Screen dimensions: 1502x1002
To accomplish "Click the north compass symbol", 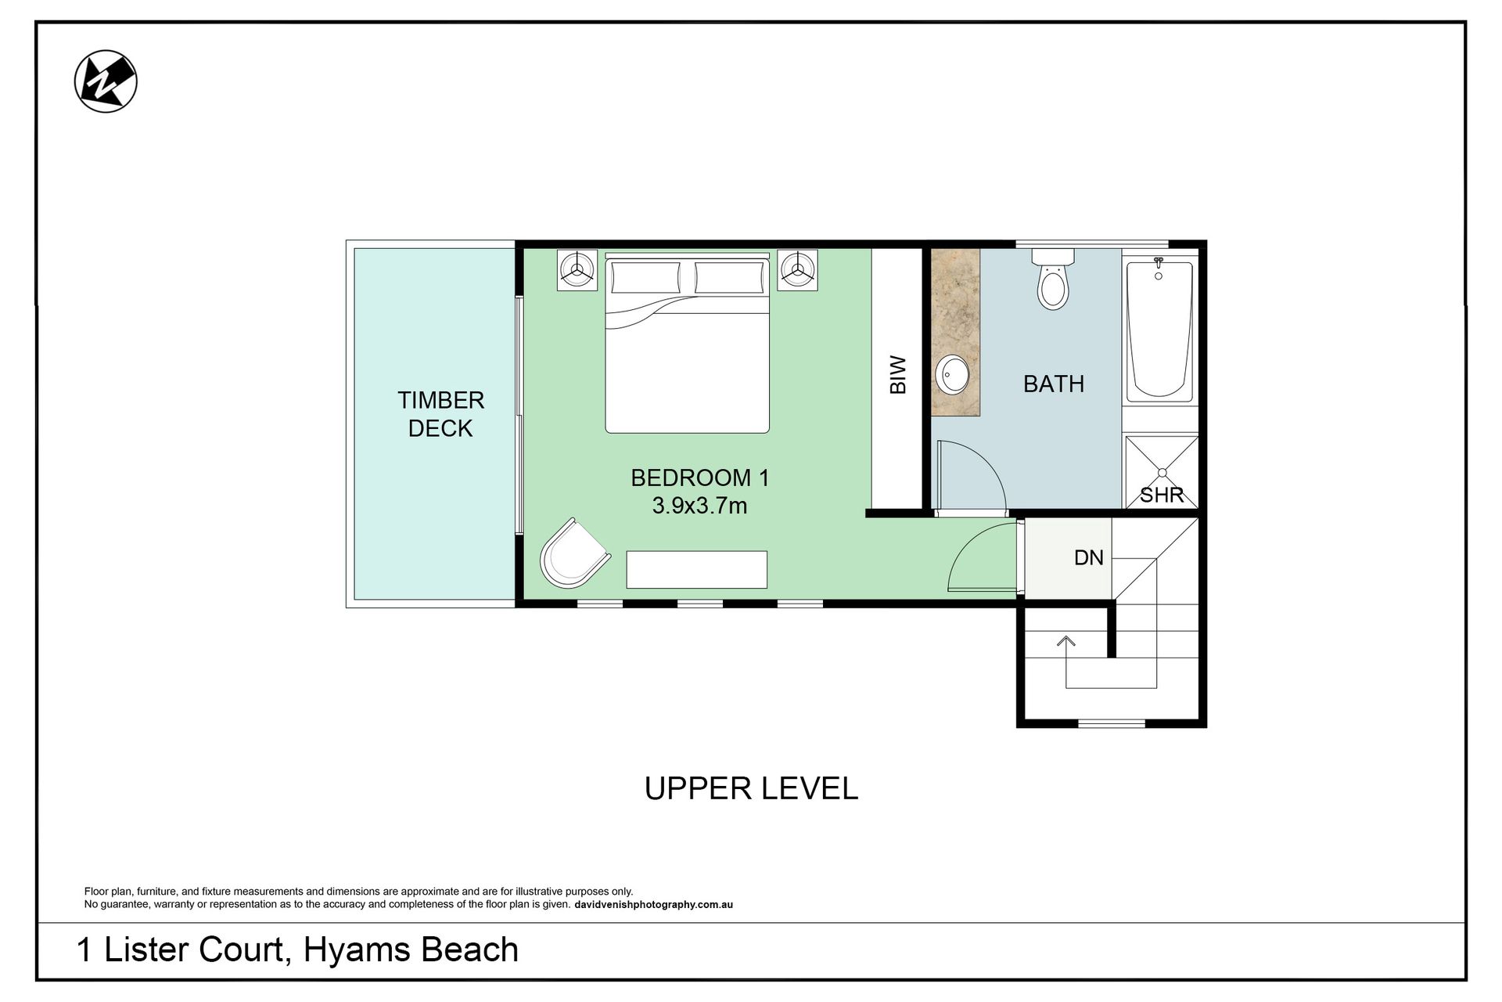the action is click(x=106, y=81).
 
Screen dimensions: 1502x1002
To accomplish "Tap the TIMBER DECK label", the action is click(x=440, y=414).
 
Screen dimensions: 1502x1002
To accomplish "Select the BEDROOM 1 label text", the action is click(x=700, y=478).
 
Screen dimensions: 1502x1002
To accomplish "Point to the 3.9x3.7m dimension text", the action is click(x=699, y=506).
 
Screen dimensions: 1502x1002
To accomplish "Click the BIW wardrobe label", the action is click(x=898, y=375).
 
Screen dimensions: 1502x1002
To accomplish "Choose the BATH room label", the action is click(x=1054, y=384).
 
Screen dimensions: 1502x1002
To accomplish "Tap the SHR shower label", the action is click(x=1162, y=495).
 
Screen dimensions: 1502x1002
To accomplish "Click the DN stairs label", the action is click(x=1089, y=557).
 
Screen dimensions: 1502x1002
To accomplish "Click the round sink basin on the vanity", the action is click(x=952, y=376).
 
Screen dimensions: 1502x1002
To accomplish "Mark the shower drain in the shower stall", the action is click(x=1162, y=472).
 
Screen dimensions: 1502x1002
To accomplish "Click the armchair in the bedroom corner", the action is click(x=574, y=553).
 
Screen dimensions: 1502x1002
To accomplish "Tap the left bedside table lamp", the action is click(x=577, y=271).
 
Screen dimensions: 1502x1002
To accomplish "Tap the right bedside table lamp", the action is click(x=797, y=271).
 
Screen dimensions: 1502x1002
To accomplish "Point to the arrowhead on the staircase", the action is click(x=1065, y=640).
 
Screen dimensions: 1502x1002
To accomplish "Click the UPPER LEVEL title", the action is click(x=751, y=788).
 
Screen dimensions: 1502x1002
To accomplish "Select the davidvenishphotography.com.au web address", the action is click(x=653, y=905).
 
